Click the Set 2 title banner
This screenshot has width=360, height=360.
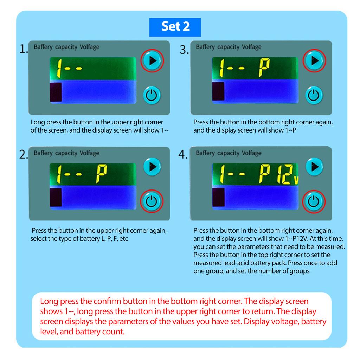[175, 27]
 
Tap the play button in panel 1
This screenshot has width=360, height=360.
[152, 60]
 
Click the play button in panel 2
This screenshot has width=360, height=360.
[152, 166]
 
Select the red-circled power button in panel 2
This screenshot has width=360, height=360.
[152, 201]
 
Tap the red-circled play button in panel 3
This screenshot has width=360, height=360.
[314, 60]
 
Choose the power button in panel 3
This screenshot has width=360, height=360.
[314, 95]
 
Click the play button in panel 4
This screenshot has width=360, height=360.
[315, 166]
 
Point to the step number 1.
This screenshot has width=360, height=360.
[24, 49]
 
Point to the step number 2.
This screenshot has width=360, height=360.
[24, 154]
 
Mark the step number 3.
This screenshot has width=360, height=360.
[184, 50]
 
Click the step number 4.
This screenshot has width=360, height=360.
[183, 154]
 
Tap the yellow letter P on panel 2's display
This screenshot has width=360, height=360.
[101, 174]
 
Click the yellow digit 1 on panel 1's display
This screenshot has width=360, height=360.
[59, 69]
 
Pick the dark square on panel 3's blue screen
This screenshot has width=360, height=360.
[218, 91]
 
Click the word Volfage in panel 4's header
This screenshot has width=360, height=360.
[252, 153]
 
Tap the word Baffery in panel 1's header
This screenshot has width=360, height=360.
[43, 47]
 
